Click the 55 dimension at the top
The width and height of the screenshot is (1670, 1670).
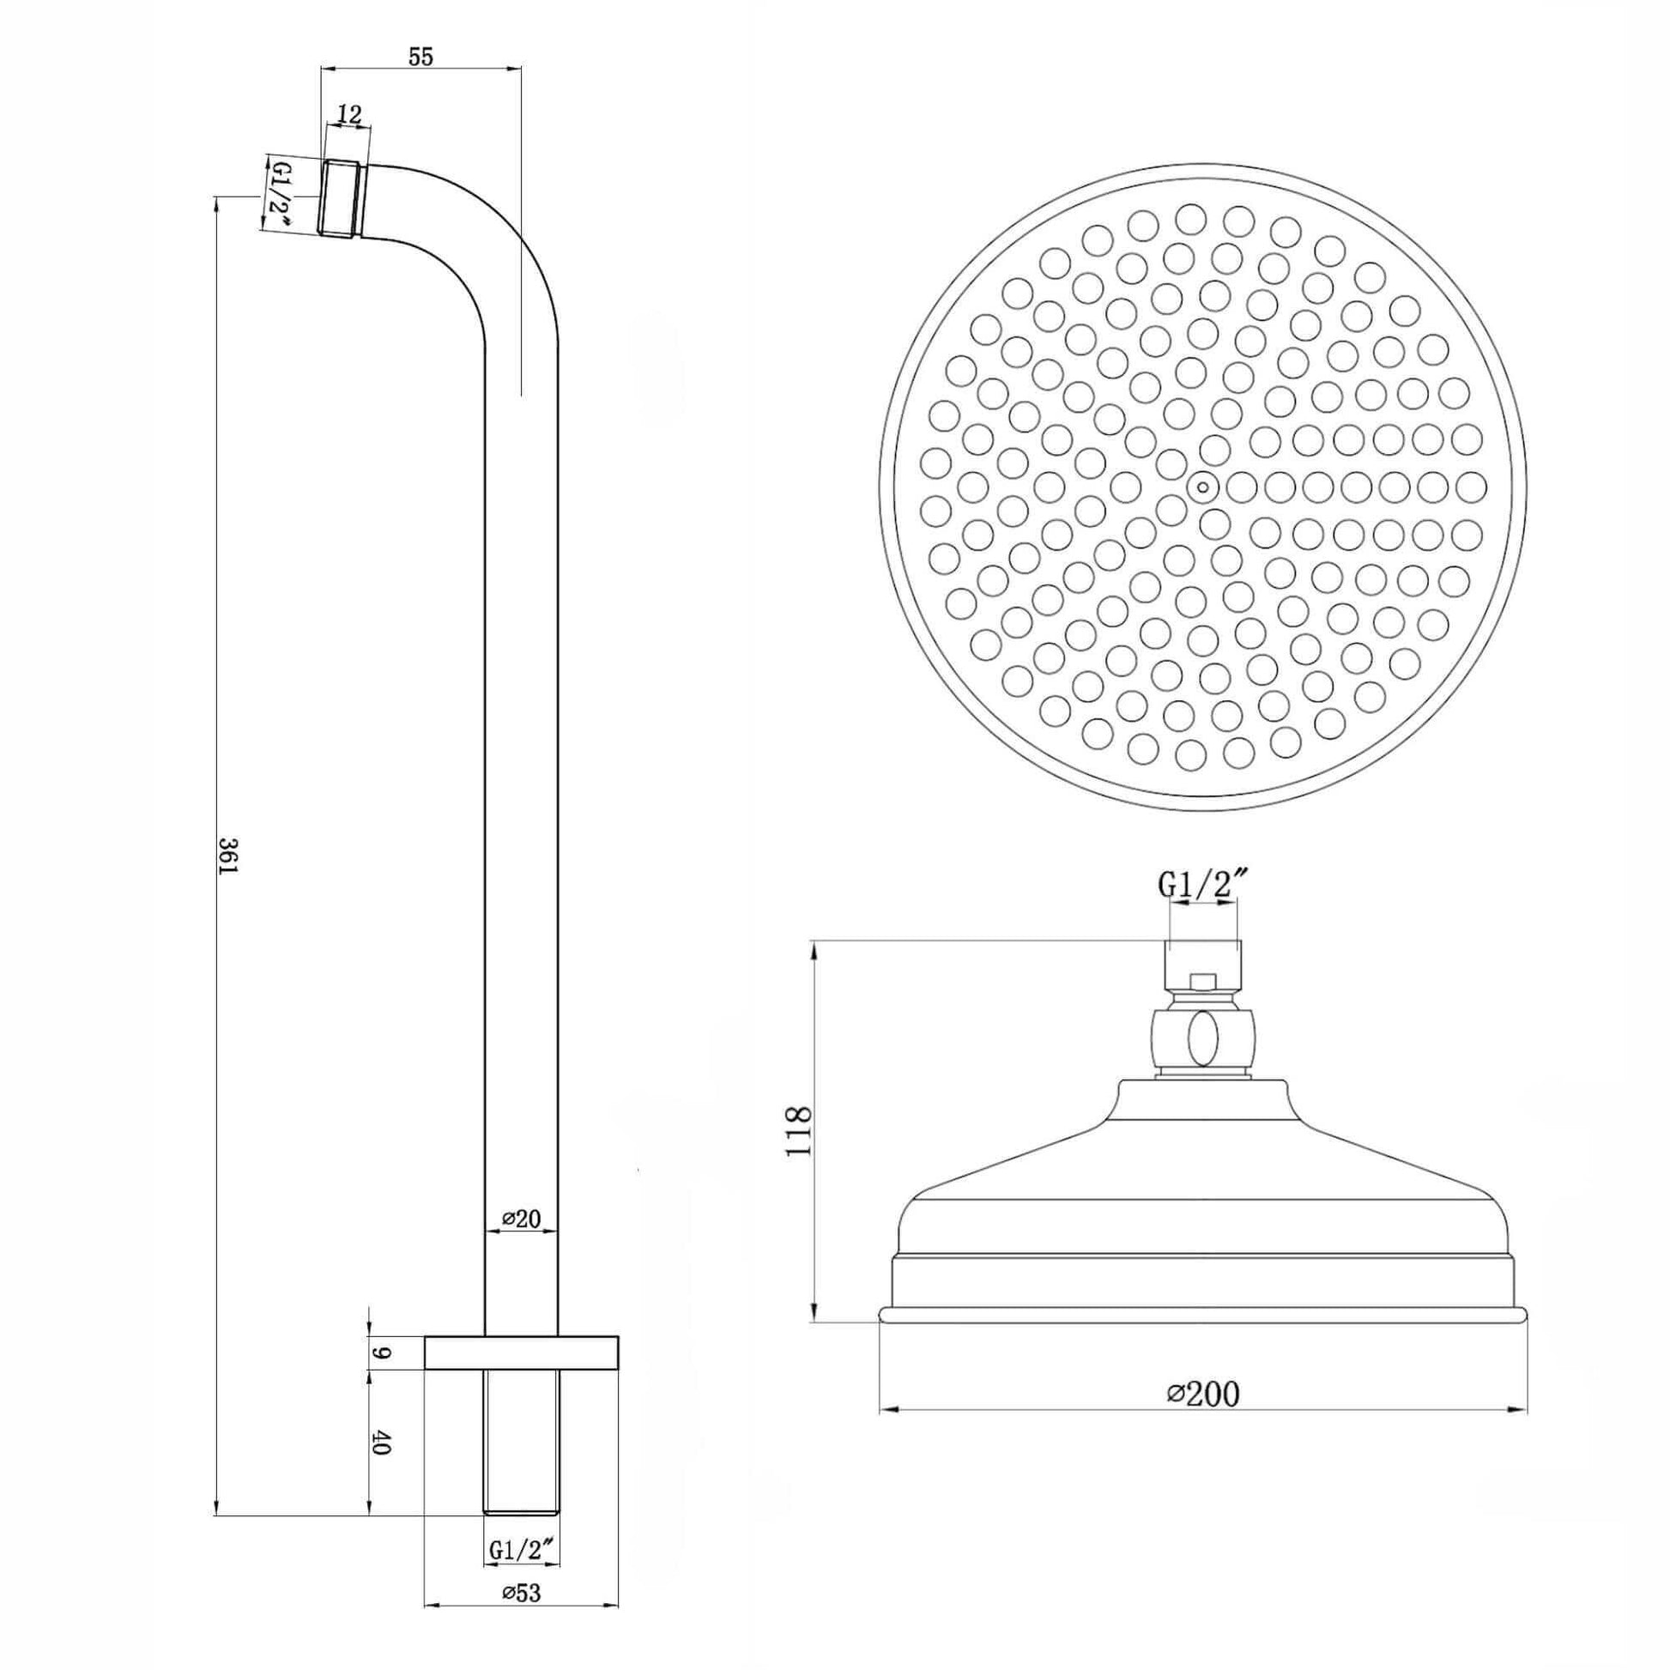tap(421, 56)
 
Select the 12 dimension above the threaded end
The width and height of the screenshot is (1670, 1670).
tap(349, 113)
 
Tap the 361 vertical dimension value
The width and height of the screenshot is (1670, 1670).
tap(227, 855)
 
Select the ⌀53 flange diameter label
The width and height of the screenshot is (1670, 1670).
tap(521, 1592)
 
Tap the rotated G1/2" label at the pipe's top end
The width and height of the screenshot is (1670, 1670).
tap(280, 195)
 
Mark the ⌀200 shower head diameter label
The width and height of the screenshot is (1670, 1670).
tap(1202, 1394)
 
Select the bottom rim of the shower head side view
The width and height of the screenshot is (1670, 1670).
tap(1202, 1338)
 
